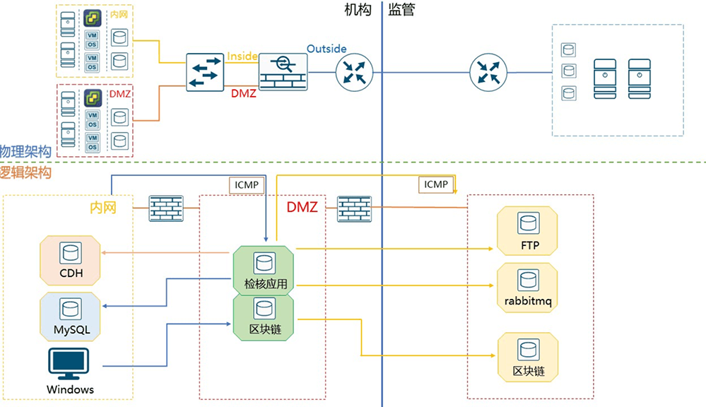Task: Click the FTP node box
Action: [528, 231]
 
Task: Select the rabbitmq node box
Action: [528, 287]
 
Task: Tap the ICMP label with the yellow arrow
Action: [436, 184]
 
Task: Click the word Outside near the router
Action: [326, 49]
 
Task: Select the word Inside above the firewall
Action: [242, 57]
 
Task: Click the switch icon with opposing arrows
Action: [205, 71]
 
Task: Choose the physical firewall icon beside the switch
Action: [283, 71]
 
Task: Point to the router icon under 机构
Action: [353, 71]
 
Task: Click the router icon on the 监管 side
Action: [489, 71]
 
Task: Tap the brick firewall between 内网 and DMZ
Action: [166, 208]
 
